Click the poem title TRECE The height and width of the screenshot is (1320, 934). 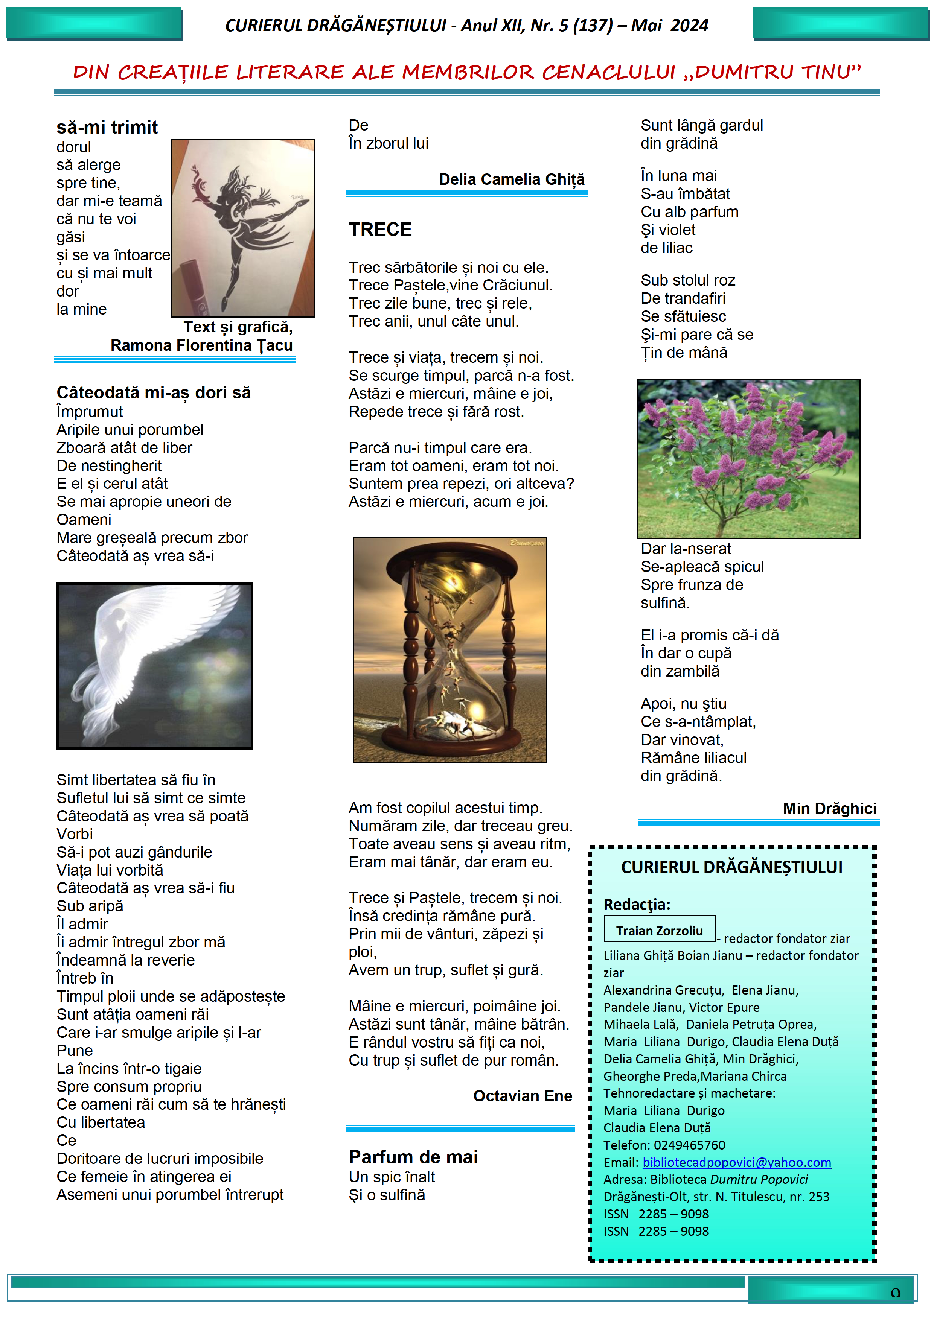[380, 230]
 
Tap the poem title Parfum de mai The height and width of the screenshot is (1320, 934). [413, 1157]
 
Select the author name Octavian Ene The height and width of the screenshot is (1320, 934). [522, 1096]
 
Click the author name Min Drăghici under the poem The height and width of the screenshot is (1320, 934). [829, 808]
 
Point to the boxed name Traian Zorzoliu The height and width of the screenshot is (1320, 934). [659, 930]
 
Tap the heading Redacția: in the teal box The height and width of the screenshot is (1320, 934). [637, 904]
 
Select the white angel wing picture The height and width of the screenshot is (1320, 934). [154, 666]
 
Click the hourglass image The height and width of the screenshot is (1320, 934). [450, 649]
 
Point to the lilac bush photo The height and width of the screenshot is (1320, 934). [748, 459]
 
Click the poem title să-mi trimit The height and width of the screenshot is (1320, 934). [107, 127]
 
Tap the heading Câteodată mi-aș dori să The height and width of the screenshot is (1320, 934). [154, 393]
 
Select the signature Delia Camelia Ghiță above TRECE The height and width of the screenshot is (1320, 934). [511, 179]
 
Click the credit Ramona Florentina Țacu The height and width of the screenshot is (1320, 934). [201, 345]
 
